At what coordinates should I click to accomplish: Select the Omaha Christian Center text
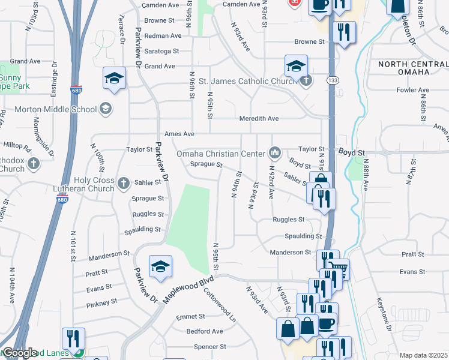point(220,154)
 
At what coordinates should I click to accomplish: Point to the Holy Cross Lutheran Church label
point(94,184)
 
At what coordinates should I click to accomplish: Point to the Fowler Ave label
point(413,91)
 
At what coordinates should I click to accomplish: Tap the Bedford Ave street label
point(205,331)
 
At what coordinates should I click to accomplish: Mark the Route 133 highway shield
point(331,80)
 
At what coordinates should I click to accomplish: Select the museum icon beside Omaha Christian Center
point(275,154)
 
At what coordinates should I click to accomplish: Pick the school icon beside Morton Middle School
point(106,109)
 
